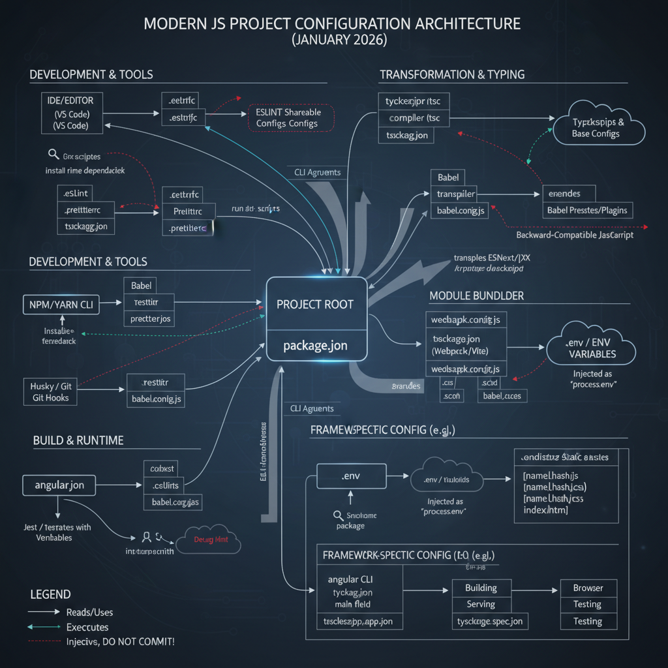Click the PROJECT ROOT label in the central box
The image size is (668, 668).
[x=315, y=305]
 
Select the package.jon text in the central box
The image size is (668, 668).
[x=315, y=345]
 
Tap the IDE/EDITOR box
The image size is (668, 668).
[x=70, y=114]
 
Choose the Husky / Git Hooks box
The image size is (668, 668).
[x=52, y=391]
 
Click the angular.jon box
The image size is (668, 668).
[x=59, y=485]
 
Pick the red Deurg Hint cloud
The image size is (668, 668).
[x=213, y=540]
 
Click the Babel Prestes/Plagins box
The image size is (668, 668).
[x=587, y=210]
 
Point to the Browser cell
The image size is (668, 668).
[x=588, y=588]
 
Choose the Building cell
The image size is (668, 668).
[x=481, y=588]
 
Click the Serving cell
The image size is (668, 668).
[x=481, y=605]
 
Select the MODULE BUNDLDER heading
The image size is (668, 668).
[x=476, y=296]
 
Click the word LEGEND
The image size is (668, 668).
[x=50, y=594]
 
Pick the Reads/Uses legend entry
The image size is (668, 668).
[x=89, y=612]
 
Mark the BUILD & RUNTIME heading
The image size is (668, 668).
[x=78, y=440]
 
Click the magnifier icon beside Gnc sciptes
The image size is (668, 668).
[x=53, y=155]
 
